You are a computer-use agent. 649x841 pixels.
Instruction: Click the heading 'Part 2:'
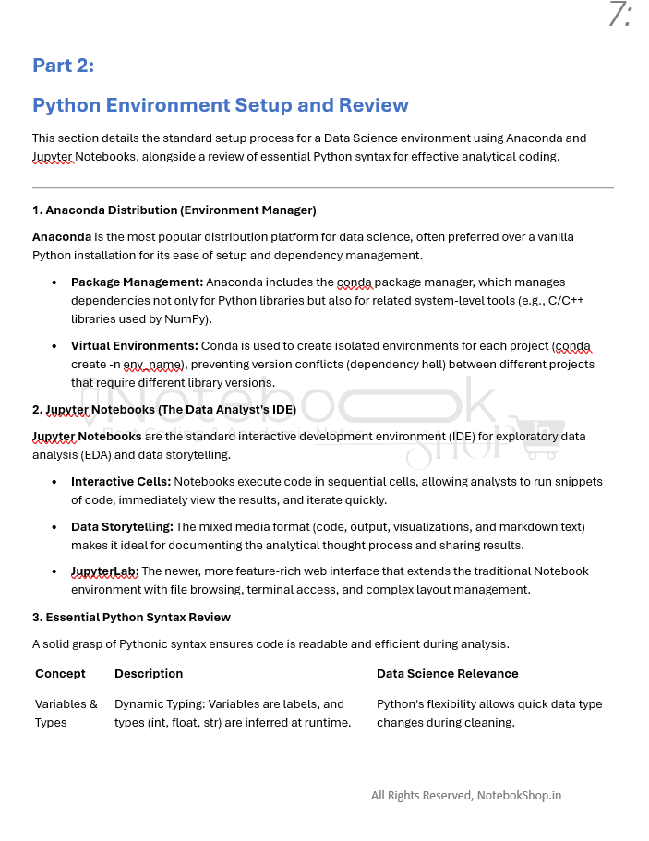tap(63, 66)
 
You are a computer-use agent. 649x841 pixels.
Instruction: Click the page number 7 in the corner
tap(619, 16)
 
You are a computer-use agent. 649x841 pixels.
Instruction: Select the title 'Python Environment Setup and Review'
tap(220, 105)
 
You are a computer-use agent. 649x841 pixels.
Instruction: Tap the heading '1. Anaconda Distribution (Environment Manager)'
tap(174, 210)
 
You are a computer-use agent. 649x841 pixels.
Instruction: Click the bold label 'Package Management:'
tap(137, 282)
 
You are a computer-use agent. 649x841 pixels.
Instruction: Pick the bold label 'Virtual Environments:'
tap(135, 346)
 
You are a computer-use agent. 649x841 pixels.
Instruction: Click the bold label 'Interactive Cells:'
tap(121, 482)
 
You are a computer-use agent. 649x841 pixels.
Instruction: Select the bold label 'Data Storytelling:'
tap(122, 527)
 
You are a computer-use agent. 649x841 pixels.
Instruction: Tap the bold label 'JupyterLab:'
tap(104, 571)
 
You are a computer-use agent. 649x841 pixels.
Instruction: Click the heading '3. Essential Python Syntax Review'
tap(131, 617)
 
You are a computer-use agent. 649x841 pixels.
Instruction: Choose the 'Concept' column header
tap(60, 674)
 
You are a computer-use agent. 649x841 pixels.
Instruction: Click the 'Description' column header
tap(149, 674)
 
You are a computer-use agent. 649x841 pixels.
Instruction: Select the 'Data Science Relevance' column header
tap(447, 674)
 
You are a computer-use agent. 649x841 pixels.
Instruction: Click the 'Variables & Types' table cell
tap(66, 713)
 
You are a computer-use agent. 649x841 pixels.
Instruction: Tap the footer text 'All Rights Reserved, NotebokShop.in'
tap(465, 796)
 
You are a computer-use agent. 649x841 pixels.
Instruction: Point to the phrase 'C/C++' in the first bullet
tap(567, 301)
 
